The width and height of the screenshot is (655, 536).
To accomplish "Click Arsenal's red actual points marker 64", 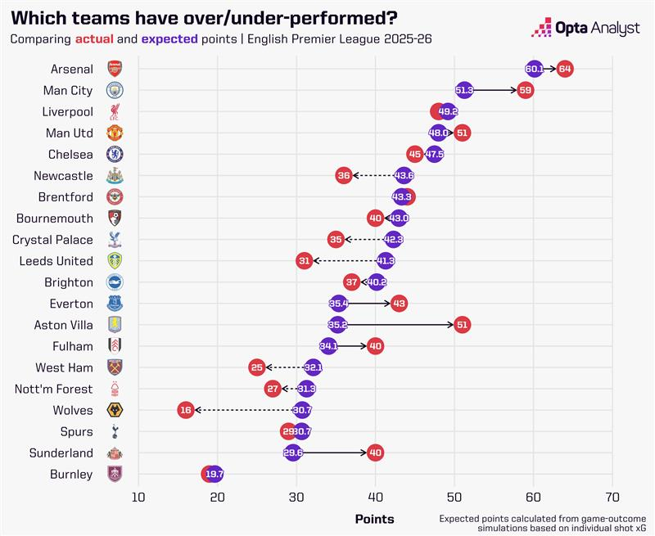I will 564,69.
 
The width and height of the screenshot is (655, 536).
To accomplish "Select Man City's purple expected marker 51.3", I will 464,90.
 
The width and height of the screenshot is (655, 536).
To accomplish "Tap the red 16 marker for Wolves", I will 185,410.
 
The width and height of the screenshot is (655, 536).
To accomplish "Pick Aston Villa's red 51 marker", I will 462,325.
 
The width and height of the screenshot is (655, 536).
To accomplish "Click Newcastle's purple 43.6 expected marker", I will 404,175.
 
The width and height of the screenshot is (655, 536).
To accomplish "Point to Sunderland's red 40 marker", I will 376,453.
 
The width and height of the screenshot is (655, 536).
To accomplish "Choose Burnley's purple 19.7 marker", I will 215,474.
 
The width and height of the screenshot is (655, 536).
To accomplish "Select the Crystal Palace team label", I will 52,239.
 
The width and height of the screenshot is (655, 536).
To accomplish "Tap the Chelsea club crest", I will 115,154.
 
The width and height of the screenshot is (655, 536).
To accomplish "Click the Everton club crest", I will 115,303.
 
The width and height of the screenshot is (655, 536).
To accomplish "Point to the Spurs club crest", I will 115,431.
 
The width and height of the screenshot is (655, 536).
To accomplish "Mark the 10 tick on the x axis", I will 138,497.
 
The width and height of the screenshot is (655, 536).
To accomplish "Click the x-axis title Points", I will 374,519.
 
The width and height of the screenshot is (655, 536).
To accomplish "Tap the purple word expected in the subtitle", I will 165,39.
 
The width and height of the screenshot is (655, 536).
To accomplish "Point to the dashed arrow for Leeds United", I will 343,261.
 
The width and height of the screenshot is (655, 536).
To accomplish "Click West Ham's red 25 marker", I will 257,367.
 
